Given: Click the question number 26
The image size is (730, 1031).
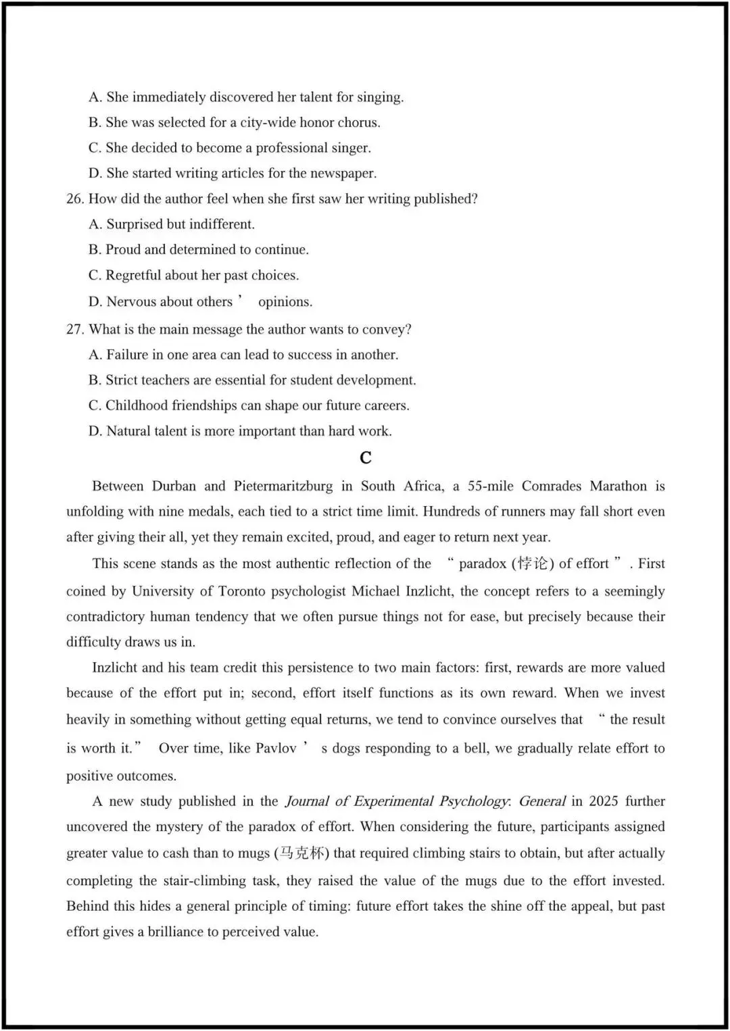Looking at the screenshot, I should (x=74, y=199).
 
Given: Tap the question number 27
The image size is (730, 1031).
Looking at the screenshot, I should (x=74, y=330).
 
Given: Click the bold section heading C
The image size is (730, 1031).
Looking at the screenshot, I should (x=366, y=458).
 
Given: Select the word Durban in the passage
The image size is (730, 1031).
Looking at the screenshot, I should (x=174, y=486).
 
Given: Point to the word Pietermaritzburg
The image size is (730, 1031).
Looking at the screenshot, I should (x=283, y=486).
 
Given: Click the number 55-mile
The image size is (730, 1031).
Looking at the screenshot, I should (x=491, y=486).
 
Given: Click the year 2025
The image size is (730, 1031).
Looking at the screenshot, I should (x=604, y=801).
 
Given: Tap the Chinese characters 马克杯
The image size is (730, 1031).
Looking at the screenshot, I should (x=301, y=853).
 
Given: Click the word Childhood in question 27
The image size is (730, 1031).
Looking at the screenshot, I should (x=137, y=406).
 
